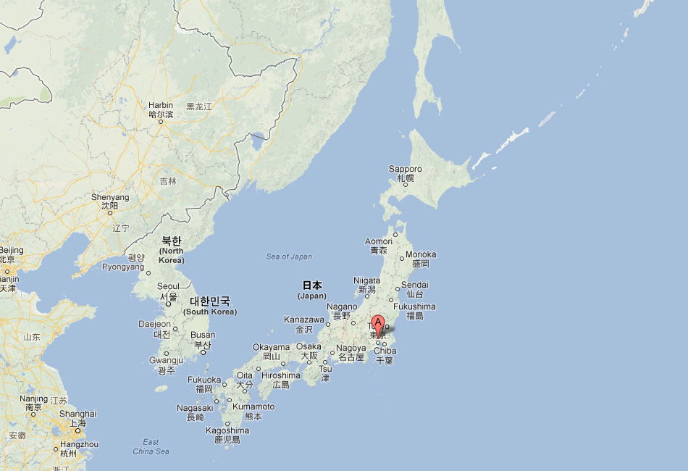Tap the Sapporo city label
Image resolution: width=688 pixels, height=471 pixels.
coord(405,170)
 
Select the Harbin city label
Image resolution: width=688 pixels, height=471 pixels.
coord(161,105)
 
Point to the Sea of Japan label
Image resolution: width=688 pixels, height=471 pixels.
coord(289,257)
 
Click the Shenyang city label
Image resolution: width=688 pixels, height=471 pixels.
coord(110,197)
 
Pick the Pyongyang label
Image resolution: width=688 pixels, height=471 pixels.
coord(122,267)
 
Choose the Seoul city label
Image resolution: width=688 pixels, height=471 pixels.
coord(168,286)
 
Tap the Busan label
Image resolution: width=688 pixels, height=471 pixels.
coord(203,335)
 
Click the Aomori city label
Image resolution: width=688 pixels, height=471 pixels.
coord(379,241)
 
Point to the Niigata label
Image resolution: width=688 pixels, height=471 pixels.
coord(366,280)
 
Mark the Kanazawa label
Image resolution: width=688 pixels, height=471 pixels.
coord(304,320)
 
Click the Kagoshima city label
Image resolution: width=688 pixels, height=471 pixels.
coord(227,430)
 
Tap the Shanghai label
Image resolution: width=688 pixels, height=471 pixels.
coord(77,414)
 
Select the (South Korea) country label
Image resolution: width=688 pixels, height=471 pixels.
coord(210,312)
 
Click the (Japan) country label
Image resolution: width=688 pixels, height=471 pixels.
coord(312,296)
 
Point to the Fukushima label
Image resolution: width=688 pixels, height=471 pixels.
coord(416,307)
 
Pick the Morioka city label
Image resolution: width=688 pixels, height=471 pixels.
coord(421,254)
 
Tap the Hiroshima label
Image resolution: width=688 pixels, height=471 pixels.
coord(281,375)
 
